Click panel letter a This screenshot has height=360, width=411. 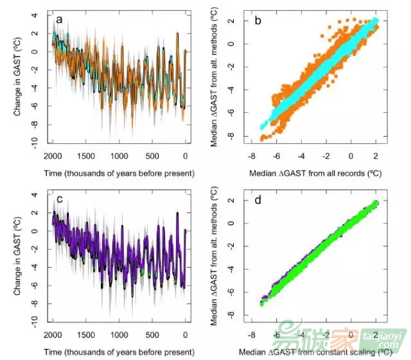(59, 20)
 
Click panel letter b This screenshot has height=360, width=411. (258, 21)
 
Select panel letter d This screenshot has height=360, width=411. (258, 199)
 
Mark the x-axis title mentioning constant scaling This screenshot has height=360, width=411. (310, 352)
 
